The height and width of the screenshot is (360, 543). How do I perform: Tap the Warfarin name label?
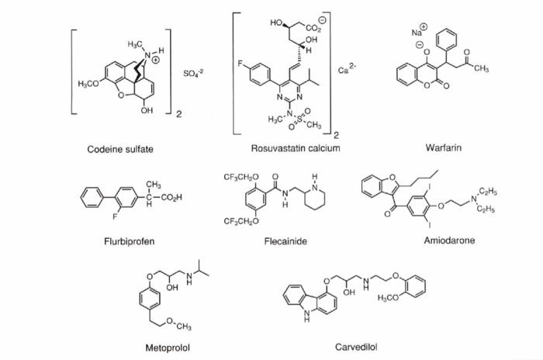pos(444,147)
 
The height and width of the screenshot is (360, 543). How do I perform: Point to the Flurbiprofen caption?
pos(130,241)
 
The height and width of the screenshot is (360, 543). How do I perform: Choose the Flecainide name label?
pos(285,241)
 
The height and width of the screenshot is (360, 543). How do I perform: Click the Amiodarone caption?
pos(449,241)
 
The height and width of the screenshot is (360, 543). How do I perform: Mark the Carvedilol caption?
pos(356,346)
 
